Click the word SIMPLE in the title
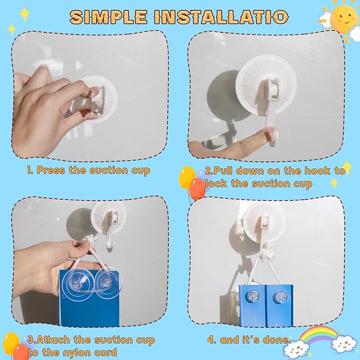click(x=108, y=17)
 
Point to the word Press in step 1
click(x=51, y=170)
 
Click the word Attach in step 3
click(x=53, y=340)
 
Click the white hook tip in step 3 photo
click(x=108, y=250)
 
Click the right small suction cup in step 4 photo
click(x=280, y=297)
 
